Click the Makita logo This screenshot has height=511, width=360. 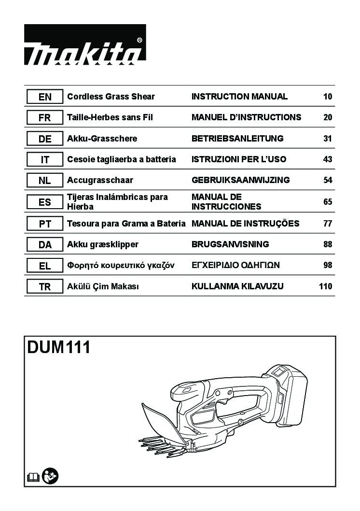[85, 44]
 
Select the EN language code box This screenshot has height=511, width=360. [44, 97]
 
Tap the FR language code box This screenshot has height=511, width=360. [44, 118]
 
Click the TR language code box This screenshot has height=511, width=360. [44, 286]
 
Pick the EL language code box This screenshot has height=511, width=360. [44, 266]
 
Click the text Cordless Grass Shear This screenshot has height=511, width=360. [111, 97]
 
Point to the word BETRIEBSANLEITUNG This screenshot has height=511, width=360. [237, 138]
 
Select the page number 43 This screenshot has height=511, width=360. [328, 159]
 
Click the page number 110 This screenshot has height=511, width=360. [326, 286]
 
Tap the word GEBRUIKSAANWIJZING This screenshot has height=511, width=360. [240, 180]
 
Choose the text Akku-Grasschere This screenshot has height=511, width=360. [102, 138]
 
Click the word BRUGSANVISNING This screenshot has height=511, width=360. [230, 244]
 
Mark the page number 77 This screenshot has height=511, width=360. [328, 223]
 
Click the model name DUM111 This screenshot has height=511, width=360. [58, 347]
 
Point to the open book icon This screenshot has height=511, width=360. [33, 478]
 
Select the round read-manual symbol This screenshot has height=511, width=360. [50, 476]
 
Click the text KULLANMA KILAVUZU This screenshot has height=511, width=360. [237, 286]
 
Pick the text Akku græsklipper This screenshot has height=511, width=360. [102, 244]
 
